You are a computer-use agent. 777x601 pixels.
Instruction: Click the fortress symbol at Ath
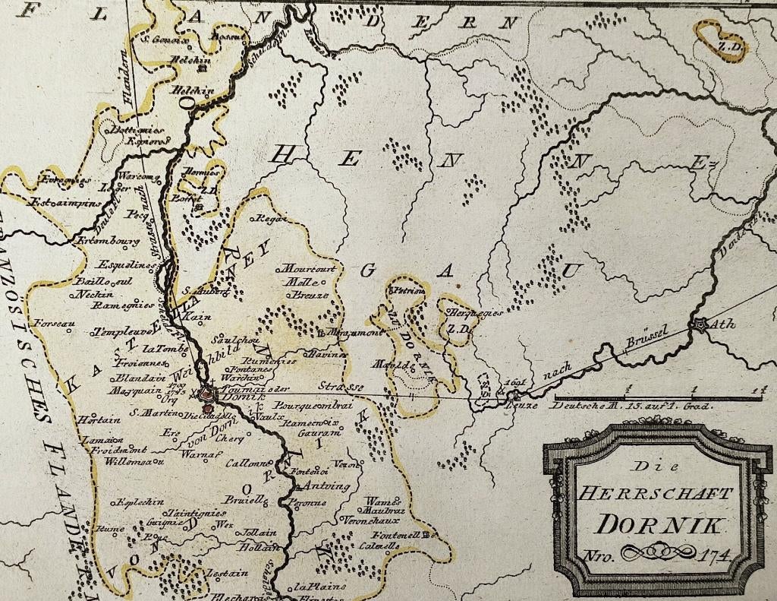[698, 324]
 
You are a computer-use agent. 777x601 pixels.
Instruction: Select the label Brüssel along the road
[644, 338]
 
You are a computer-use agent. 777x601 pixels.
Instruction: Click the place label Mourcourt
[308, 269]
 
